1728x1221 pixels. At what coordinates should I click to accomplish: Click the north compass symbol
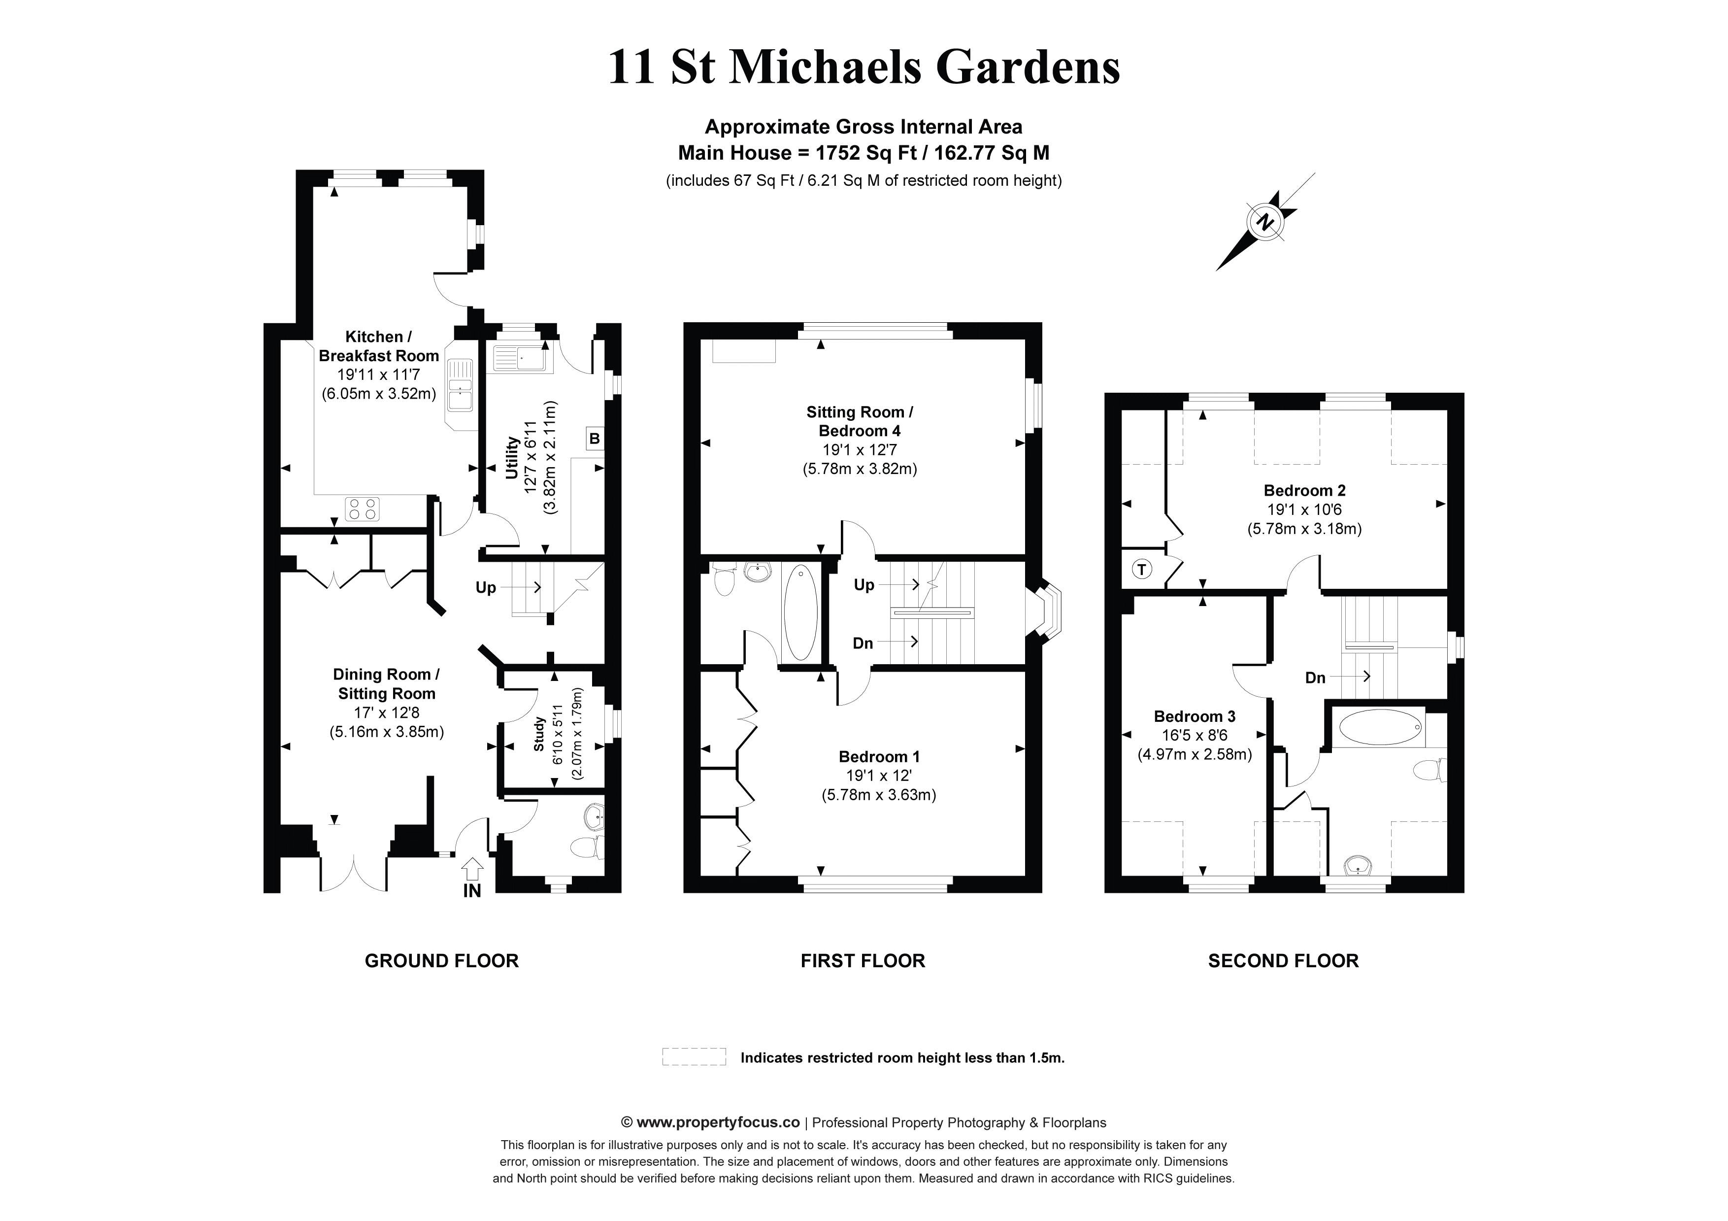1266,222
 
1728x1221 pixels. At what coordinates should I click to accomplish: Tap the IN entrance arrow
472,870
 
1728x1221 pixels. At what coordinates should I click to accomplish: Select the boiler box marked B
595,438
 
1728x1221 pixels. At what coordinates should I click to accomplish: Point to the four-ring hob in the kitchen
363,509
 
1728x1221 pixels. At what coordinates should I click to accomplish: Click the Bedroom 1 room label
879,756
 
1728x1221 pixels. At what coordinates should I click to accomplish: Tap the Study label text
539,734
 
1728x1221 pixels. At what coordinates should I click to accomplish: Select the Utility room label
512,458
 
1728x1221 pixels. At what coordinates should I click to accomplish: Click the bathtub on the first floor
800,613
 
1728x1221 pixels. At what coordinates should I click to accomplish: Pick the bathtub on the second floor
1380,728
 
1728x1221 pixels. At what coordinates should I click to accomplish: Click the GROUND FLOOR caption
442,961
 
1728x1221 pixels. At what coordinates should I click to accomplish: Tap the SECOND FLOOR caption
1283,961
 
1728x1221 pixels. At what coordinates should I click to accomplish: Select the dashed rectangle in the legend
694,1057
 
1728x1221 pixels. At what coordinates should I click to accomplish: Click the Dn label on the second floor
1315,678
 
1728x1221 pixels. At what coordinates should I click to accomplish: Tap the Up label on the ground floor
485,587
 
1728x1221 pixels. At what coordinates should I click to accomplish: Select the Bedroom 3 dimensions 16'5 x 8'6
1195,736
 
